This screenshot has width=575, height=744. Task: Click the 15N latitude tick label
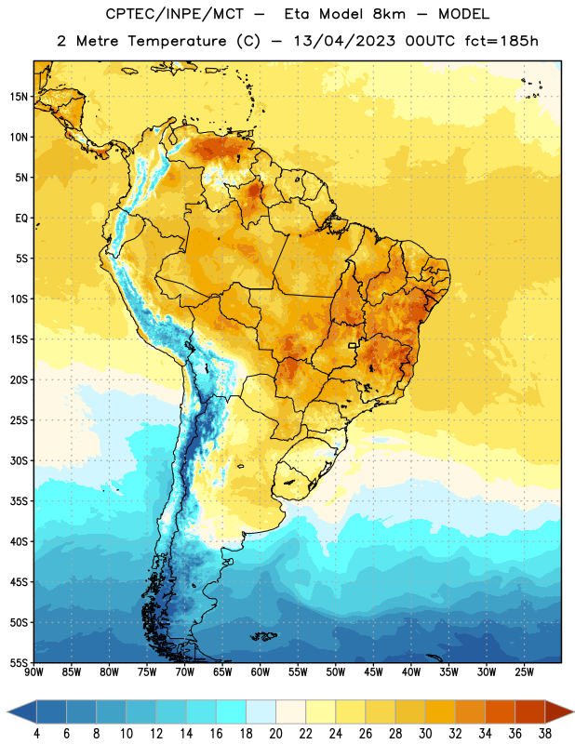[19, 97]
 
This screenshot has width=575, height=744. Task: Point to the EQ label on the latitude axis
[21, 219]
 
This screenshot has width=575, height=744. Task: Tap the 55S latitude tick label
[19, 662]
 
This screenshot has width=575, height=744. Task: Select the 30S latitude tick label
[19, 460]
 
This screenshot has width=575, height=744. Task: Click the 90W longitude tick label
[34, 672]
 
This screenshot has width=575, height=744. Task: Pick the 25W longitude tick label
[524, 672]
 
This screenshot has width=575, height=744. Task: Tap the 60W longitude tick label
[261, 672]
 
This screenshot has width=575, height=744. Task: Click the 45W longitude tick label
[373, 672]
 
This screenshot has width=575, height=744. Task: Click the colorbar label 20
[275, 734]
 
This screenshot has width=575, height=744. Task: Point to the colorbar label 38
[544, 734]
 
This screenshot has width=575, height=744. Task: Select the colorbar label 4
[36, 734]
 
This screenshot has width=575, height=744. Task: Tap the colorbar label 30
[425, 734]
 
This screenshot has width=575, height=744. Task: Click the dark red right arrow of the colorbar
[558, 711]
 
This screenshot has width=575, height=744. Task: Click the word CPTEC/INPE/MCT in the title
[174, 14]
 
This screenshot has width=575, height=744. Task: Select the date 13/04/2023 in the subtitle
[344, 41]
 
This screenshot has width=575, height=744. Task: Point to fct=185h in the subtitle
[501, 41]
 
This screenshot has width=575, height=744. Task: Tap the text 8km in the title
[389, 14]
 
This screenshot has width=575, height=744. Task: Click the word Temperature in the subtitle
[177, 41]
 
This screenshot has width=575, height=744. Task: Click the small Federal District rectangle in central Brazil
[353, 345]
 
